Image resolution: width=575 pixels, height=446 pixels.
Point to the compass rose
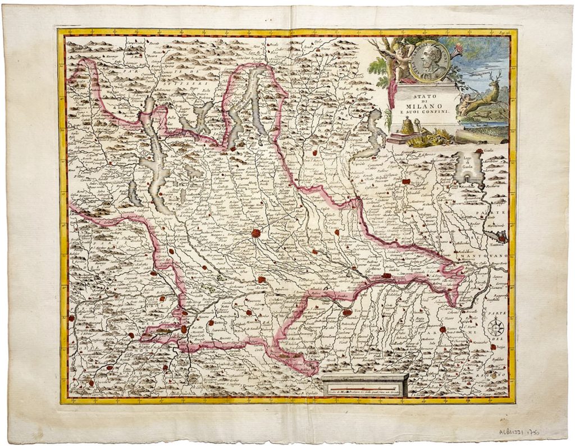(495, 327)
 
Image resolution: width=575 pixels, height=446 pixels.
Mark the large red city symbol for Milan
(257, 233)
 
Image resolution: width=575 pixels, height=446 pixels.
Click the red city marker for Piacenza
(348, 312)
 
